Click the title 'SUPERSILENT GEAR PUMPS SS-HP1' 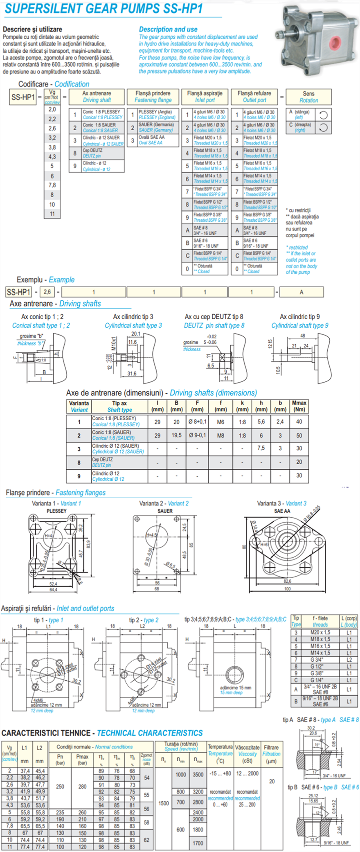tap(104, 9)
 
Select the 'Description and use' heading tap(168, 29)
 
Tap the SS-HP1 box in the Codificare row tap(23, 97)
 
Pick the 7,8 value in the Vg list tap(52, 185)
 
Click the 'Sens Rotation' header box tap(308, 97)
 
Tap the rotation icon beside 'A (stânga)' tap(323, 115)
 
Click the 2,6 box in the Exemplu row tap(47, 292)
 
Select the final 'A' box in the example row tap(301, 292)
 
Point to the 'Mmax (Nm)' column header tap(299, 406)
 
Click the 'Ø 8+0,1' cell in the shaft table tap(197, 421)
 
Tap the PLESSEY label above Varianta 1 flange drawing tap(56, 511)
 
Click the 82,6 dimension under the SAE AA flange tap(287, 581)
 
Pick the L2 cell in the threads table tap(349, 659)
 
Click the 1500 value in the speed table tap(164, 803)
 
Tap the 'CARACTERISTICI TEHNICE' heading tap(46, 733)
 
